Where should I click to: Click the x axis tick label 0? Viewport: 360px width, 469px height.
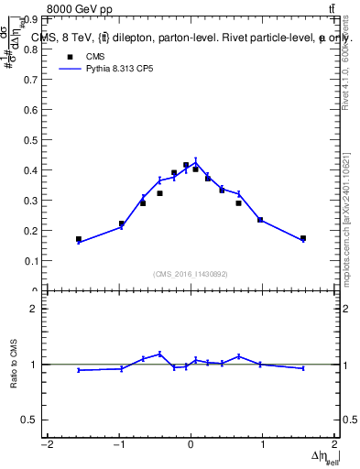pyautogui.click(x=191, y=446)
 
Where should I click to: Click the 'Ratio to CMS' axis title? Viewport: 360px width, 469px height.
pyautogui.click(x=14, y=365)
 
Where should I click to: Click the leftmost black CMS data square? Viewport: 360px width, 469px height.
pyautogui.click(x=79, y=239)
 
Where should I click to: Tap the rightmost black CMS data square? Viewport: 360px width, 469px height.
pyautogui.click(x=303, y=238)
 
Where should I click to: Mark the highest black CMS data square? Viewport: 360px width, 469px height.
pyautogui.click(x=186, y=165)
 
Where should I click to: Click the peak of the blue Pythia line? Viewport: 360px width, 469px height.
pyautogui.click(x=195, y=162)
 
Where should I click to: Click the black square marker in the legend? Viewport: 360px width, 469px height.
pyautogui.click(x=68, y=56)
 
